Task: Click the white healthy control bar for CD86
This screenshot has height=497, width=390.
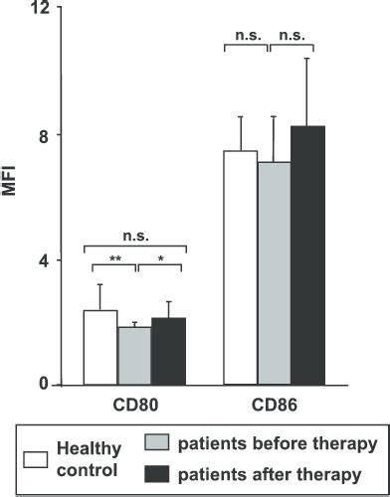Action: pyautogui.click(x=240, y=267)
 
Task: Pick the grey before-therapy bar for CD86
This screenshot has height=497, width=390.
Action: pyautogui.click(x=274, y=273)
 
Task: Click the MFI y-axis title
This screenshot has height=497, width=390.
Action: pyautogui.click(x=13, y=202)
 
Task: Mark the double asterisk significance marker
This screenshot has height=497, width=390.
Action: pyautogui.click(x=116, y=258)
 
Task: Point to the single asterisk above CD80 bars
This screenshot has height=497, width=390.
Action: pyautogui.click(x=161, y=259)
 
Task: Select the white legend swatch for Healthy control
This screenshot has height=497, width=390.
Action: pyautogui.click(x=32, y=458)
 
